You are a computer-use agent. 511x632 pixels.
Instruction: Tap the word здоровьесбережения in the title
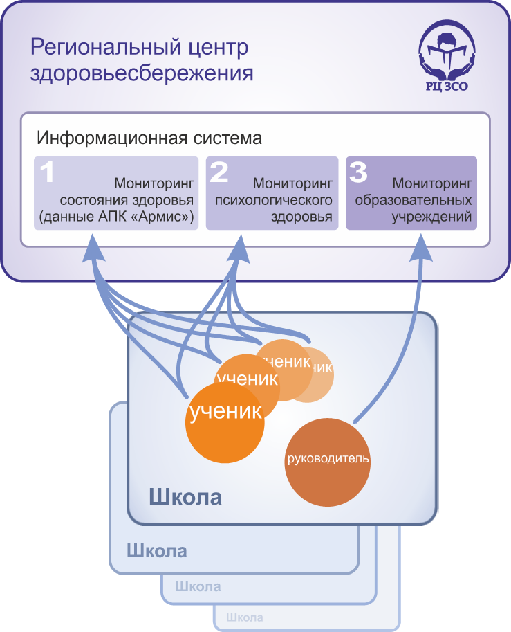pos(141,73)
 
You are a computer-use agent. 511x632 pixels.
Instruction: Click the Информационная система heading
pos(149,137)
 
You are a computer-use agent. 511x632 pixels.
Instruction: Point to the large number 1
pos(47,172)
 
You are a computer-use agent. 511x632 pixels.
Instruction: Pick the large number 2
pos(219,172)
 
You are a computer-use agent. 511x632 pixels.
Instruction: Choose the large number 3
pos(358,172)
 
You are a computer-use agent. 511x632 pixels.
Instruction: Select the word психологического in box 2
pos(274,201)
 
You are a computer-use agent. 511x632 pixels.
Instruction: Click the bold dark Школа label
pos(185,497)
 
